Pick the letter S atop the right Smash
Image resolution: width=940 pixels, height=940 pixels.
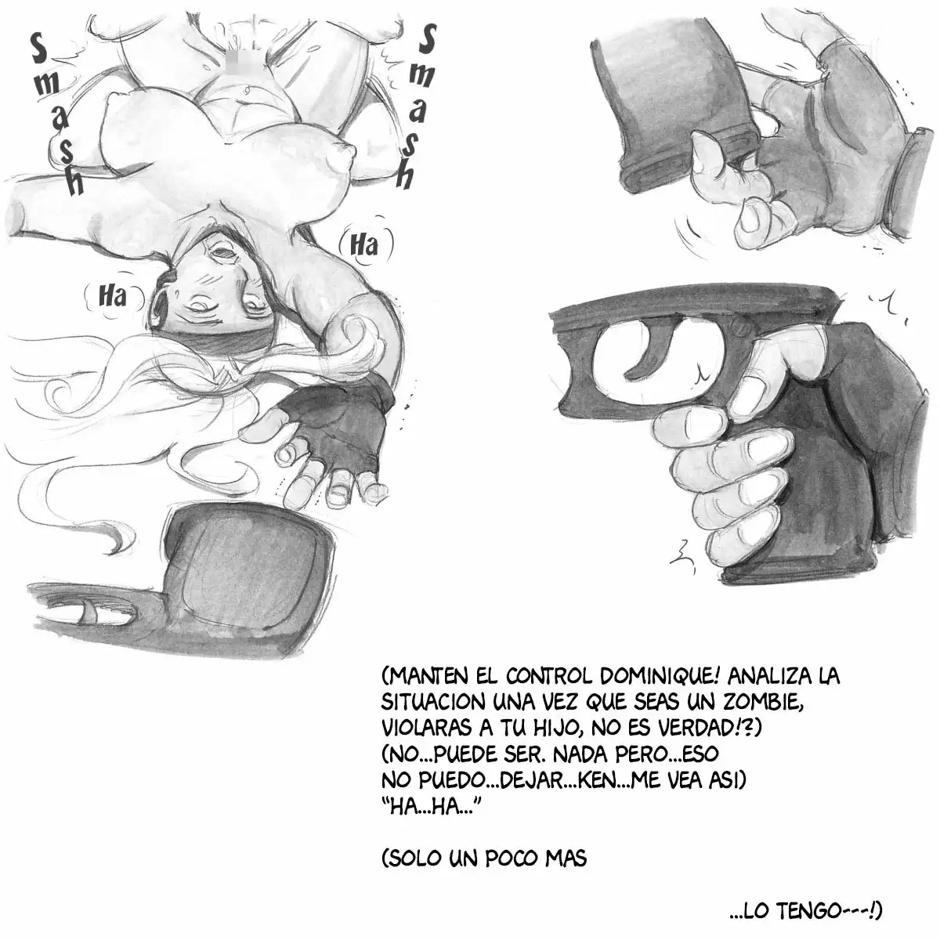(x=427, y=41)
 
